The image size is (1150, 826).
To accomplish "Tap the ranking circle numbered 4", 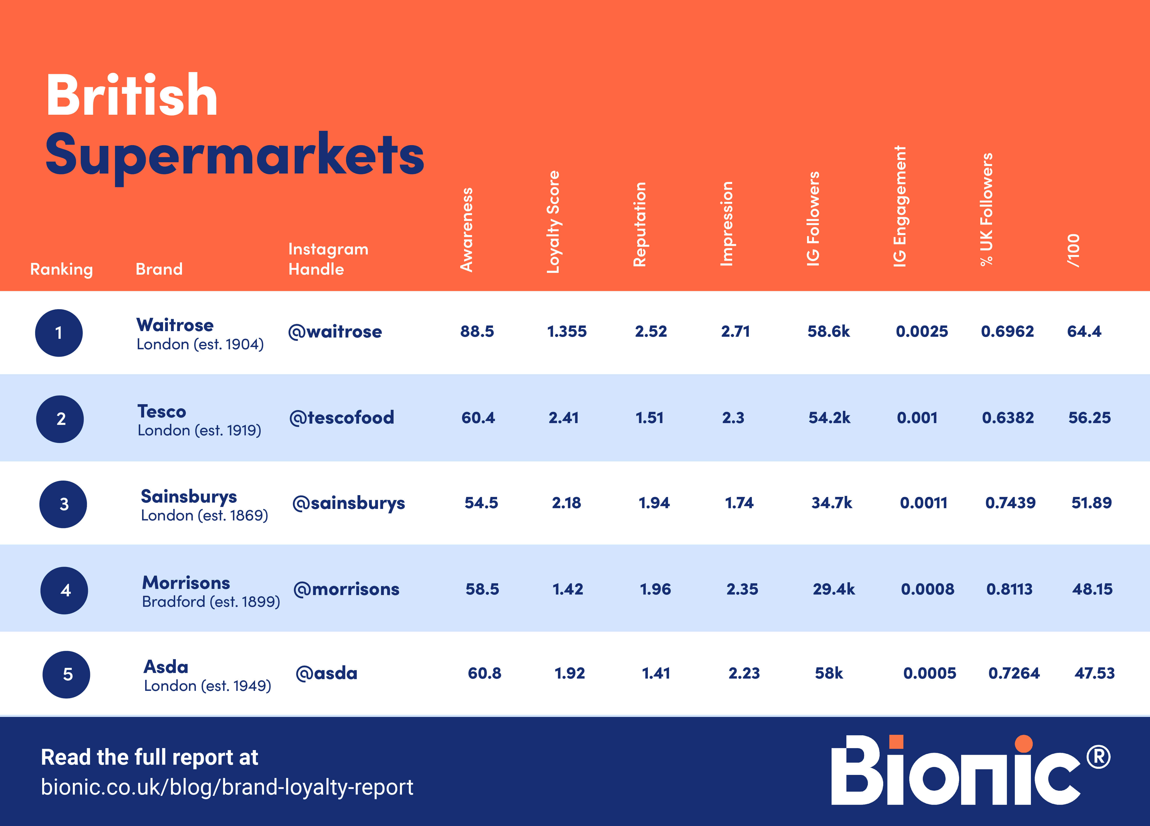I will point(64,590).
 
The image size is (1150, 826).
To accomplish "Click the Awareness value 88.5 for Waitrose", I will point(477,332).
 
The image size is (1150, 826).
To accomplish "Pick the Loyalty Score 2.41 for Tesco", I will point(563,418).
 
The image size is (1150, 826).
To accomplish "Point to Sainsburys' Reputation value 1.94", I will point(654,503).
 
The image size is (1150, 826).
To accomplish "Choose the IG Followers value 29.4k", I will point(834,589).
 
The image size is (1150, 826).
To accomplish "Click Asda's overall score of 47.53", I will point(1094,673).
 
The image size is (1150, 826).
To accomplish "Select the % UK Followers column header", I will point(986,209).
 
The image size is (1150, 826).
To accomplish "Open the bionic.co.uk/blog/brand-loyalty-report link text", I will point(227,787).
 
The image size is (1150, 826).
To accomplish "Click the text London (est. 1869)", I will point(204,516).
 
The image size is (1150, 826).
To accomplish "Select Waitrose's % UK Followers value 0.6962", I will point(1007,332).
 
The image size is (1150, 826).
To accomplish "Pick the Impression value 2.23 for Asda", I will point(744,673).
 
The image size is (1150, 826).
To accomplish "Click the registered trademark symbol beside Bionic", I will point(1098,757).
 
